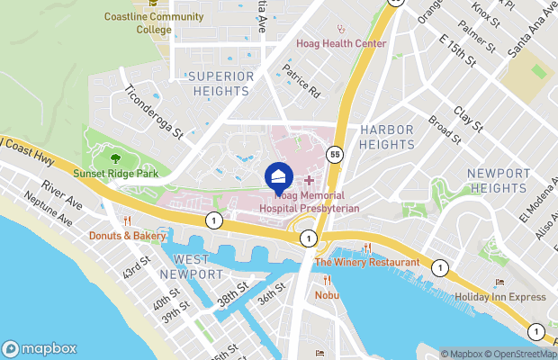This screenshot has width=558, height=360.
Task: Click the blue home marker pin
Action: (278, 175)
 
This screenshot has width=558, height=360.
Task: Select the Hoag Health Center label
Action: (341, 43)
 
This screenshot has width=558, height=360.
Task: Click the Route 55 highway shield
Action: (334, 154)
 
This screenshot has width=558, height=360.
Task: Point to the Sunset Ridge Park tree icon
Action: (115, 159)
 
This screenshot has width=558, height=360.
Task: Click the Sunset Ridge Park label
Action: (116, 173)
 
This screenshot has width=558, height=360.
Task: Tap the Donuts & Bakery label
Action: (127, 236)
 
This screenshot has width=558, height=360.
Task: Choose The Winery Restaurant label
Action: (366, 262)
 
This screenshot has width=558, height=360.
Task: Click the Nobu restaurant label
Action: (326, 293)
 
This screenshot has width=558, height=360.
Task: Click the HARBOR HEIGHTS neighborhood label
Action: (387, 137)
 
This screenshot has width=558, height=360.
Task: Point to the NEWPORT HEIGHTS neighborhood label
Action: (499, 180)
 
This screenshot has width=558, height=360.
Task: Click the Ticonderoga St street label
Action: (154, 112)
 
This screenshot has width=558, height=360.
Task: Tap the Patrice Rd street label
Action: (302, 81)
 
